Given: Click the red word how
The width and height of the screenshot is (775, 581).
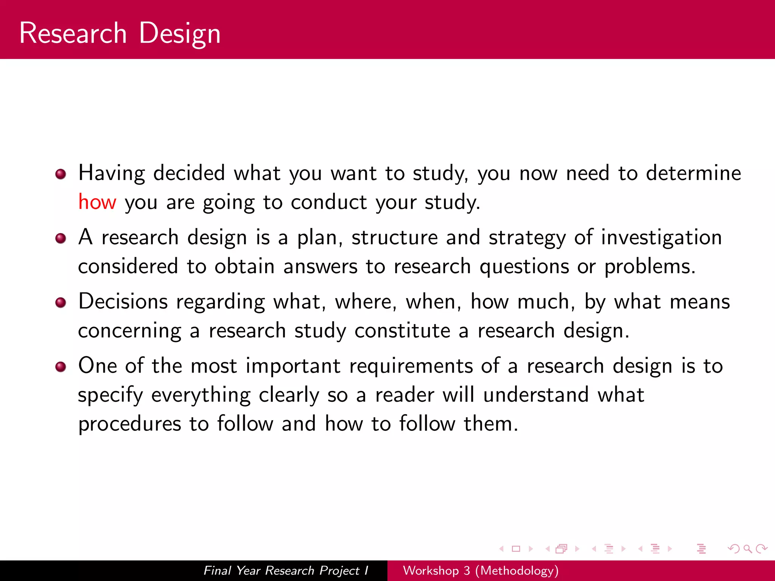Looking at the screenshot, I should click(97, 202).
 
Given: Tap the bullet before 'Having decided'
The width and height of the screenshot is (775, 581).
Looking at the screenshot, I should click(61, 174).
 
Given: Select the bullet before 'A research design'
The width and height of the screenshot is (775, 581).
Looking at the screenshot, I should click(61, 238).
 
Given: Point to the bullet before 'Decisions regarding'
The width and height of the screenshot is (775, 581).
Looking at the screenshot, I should click(61, 303).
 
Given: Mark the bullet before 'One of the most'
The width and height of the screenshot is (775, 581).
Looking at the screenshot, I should click(61, 367).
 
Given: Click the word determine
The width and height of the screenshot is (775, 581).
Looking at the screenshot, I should click(693, 173).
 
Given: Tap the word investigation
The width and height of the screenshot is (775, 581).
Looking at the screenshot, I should click(661, 238).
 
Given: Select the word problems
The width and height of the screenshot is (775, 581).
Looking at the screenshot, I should click(649, 267).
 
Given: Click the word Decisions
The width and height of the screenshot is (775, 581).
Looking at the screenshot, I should click(123, 302).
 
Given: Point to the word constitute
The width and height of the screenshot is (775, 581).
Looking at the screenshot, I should click(402, 331).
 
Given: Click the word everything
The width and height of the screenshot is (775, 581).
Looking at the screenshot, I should click(201, 396).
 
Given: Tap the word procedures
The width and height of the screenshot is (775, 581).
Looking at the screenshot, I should click(129, 424).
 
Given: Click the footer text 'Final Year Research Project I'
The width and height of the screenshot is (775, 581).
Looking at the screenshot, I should click(286, 570).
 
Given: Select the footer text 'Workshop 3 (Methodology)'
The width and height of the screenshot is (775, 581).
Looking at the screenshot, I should click(481, 570).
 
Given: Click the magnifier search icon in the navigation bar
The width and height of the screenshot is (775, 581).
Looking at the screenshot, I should click(747, 549).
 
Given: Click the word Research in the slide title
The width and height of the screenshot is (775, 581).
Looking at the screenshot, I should click(73, 33).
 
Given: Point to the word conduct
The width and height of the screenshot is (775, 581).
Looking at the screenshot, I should click(328, 202).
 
